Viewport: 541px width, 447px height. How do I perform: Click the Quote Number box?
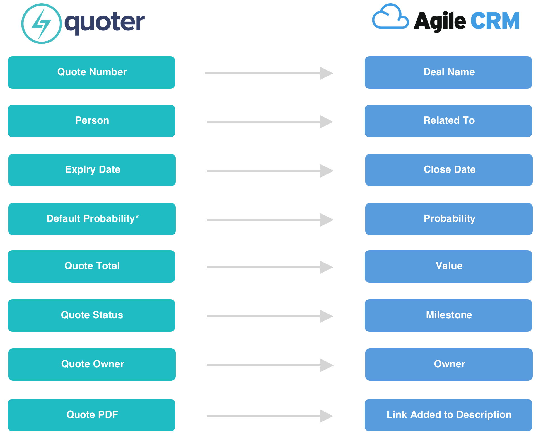coord(91,72)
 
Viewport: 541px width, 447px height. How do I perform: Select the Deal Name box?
coord(448,72)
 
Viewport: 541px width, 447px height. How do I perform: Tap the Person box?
coord(91,121)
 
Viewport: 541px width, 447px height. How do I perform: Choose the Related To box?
coord(448,121)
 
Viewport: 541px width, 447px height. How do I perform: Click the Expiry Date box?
coord(92,170)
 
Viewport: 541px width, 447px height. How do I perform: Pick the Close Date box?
coord(449,170)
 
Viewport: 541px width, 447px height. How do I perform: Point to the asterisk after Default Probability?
coord(137,216)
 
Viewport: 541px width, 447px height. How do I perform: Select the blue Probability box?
coord(449,219)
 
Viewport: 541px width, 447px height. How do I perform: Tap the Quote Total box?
coord(91,266)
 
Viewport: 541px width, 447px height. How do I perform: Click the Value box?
coord(448,266)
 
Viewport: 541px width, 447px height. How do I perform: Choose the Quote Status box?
coord(91,315)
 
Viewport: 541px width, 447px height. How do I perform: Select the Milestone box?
coord(448,315)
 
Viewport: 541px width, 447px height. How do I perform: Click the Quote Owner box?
coord(92,365)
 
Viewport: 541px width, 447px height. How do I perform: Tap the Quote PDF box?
coord(91,415)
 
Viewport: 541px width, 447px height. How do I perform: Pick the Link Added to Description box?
coord(448,415)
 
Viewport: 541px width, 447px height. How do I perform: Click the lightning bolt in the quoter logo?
coord(42,24)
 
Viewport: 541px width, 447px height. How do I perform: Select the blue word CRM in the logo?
coord(495,21)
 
